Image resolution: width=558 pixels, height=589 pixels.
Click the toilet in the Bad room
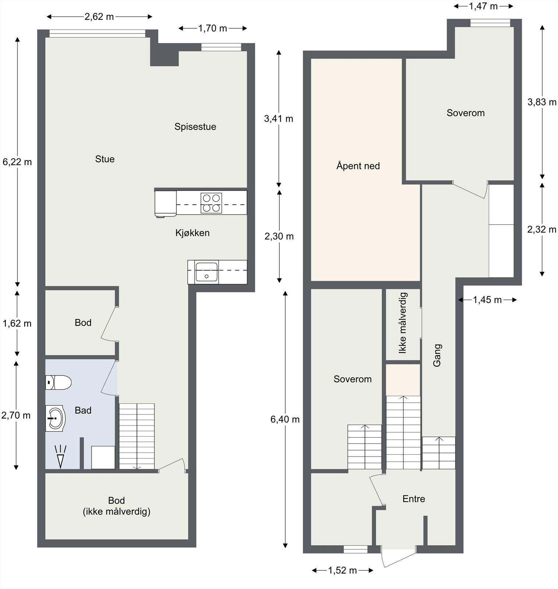(58, 382)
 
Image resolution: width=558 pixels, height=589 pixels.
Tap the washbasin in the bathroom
(55, 418)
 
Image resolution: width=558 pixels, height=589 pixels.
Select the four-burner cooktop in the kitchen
(211, 203)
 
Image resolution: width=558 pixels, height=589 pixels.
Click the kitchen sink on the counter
(206, 272)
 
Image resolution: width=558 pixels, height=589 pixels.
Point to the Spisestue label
(195, 127)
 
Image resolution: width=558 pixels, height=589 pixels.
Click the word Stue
(105, 159)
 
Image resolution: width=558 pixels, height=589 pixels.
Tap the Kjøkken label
(193, 233)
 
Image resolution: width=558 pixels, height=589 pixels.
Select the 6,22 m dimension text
(17, 162)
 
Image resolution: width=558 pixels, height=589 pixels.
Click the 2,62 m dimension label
(99, 17)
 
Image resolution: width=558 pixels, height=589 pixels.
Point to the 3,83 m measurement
(541, 102)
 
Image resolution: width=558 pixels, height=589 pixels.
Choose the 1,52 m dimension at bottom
(342, 570)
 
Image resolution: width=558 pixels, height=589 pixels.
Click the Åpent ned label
(358, 166)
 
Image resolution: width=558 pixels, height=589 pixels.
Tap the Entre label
(414, 499)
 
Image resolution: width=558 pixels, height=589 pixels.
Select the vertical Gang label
(437, 355)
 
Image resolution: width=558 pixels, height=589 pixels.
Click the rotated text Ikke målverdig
(403, 323)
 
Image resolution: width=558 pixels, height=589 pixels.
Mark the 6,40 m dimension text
(285, 419)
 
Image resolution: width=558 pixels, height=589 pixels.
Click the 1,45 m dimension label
(487, 300)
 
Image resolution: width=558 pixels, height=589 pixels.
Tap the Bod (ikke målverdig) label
(117, 506)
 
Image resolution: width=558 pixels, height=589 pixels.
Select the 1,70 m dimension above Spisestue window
(213, 28)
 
